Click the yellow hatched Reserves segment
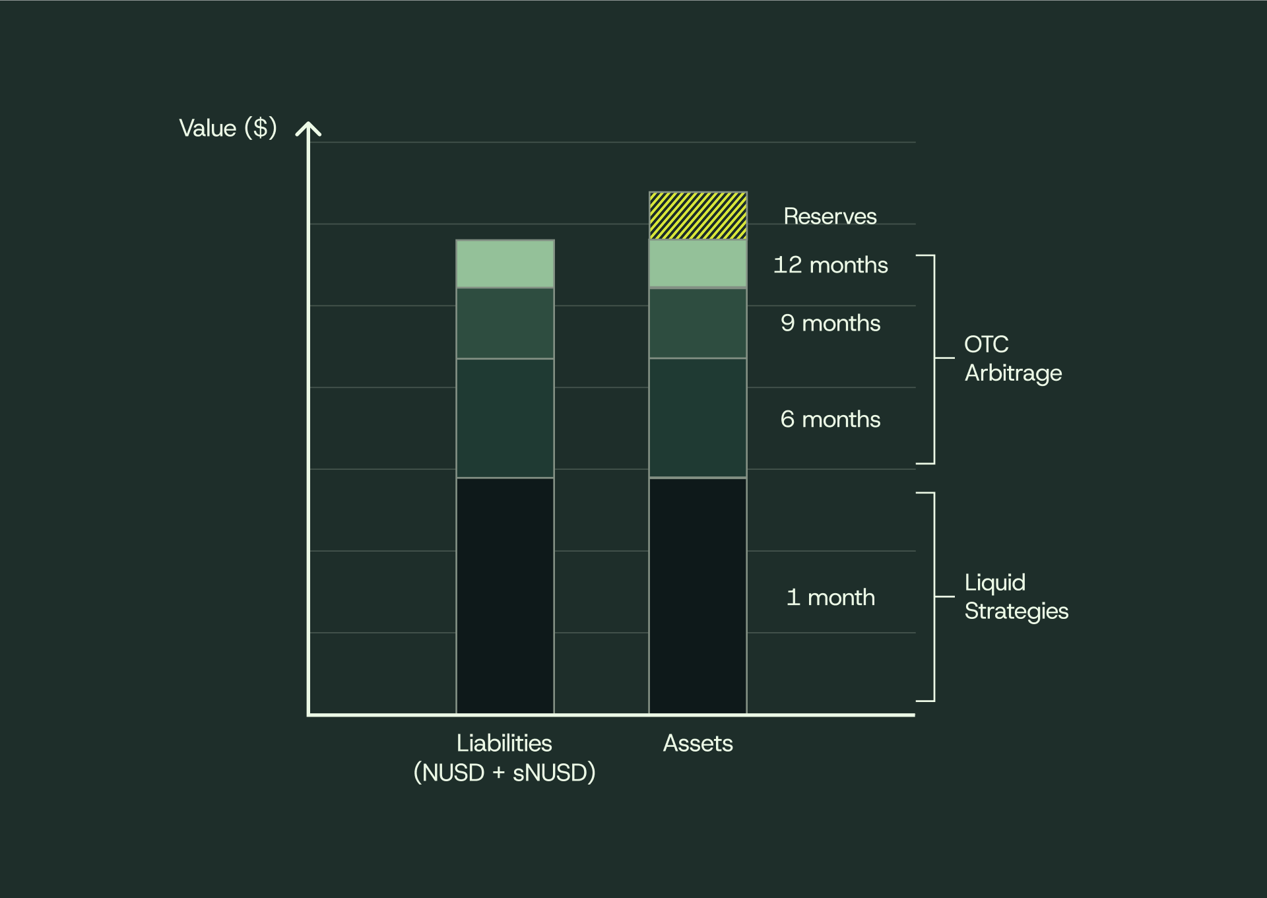point(698,216)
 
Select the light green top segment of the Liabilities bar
point(505,264)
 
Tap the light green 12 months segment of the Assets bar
point(698,264)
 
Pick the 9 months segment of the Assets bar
point(698,323)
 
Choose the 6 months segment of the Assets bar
point(698,418)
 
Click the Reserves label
point(829,216)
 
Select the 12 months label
point(830,265)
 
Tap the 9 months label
point(830,323)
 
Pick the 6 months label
point(830,419)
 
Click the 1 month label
point(830,597)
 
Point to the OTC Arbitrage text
point(1012,358)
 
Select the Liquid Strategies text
point(1016,596)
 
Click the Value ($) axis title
point(228,128)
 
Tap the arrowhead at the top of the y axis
point(308,128)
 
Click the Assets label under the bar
point(698,744)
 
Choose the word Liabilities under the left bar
point(504,744)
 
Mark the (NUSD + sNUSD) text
point(504,773)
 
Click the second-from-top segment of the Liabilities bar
point(505,323)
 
